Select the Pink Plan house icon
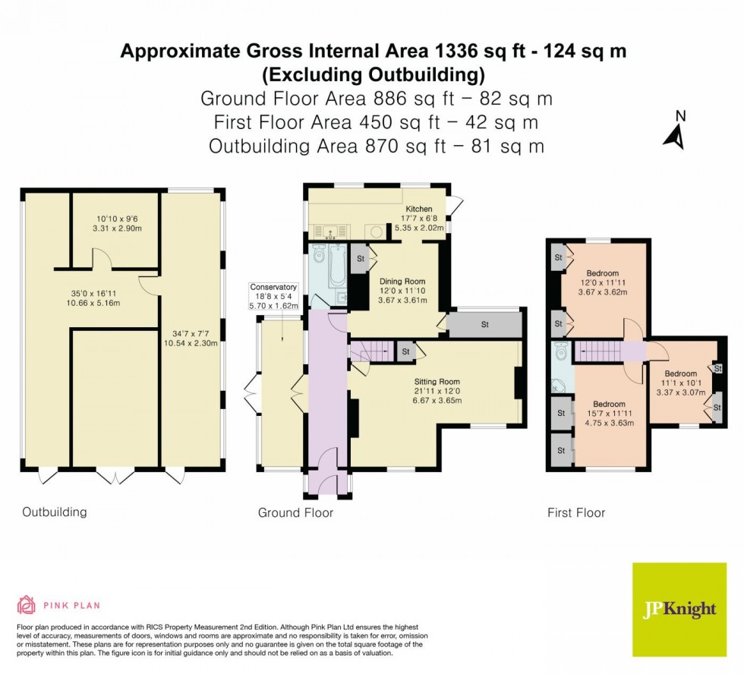(x=27, y=605)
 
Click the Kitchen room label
(x=418, y=209)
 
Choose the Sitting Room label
(x=437, y=381)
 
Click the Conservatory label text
(x=274, y=287)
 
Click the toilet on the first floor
(x=561, y=353)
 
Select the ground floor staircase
(x=374, y=351)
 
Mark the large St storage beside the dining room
(x=484, y=325)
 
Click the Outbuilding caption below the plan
(x=54, y=512)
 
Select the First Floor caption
(x=576, y=513)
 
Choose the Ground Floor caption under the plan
(x=295, y=513)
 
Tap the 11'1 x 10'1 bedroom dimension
(x=680, y=383)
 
